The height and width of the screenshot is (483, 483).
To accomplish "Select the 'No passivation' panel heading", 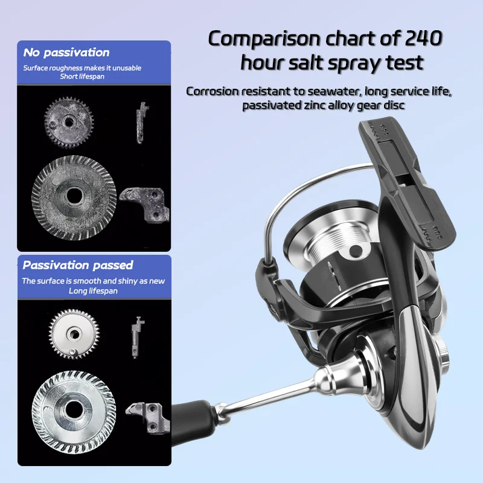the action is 66,53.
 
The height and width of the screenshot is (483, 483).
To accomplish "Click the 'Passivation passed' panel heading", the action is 78,265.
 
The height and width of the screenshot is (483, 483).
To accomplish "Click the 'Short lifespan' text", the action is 82,77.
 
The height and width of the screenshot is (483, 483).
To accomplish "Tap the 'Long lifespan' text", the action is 93,291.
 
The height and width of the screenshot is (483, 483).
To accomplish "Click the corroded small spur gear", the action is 69,123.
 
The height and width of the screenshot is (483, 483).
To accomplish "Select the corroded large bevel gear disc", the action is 74,197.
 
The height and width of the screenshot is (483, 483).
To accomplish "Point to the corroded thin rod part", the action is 141,123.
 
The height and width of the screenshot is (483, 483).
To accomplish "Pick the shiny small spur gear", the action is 74,334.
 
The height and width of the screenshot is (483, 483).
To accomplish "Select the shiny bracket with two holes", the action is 149,417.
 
